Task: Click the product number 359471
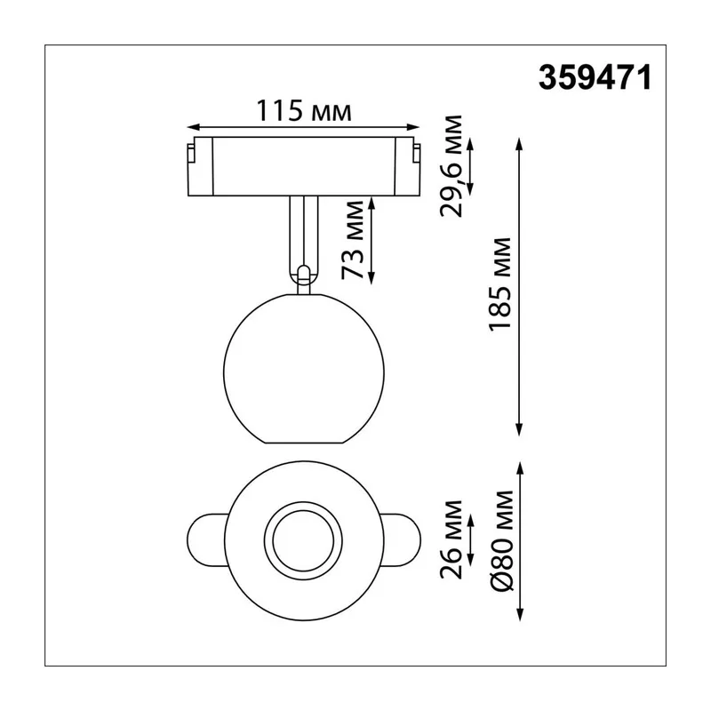(x=595, y=77)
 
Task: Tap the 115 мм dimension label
(x=304, y=110)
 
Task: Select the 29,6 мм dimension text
(x=451, y=166)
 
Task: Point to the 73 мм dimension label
(x=352, y=240)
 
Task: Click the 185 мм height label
(x=499, y=284)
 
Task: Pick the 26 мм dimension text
(x=451, y=539)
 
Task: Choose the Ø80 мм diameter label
(x=502, y=540)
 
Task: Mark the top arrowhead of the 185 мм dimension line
(x=520, y=145)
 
